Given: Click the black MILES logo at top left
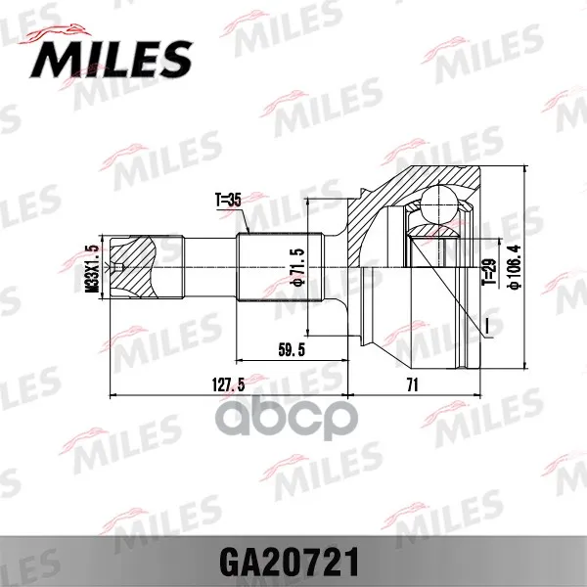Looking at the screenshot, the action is (112, 59).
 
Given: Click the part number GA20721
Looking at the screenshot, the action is (290, 563).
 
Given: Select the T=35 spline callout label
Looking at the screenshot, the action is (228, 201).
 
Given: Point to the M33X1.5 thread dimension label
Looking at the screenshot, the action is (91, 268).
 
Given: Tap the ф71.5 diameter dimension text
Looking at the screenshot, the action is (300, 266).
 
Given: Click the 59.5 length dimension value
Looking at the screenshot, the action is (292, 349).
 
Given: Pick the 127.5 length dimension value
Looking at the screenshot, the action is (228, 384).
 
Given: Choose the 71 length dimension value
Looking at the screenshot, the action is (412, 384).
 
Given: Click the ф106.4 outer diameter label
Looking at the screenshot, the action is (514, 267).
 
